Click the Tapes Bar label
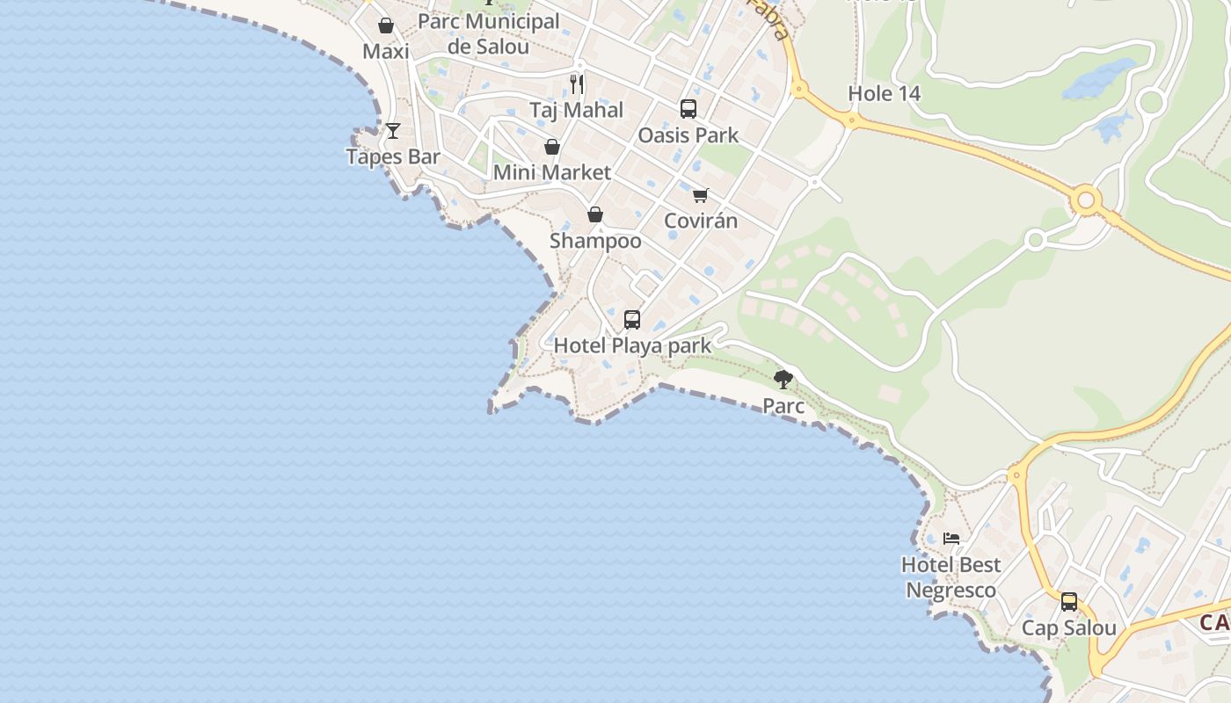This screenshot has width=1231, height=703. coord(392,157)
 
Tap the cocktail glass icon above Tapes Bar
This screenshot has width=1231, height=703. coord(393,131)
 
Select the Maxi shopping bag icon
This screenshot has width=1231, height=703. coord(385,25)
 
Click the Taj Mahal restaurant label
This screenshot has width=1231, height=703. coord(576,111)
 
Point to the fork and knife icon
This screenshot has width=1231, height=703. coord(576,83)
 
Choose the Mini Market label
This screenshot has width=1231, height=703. coord(551,172)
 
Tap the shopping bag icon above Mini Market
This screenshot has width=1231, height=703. coord(552,146)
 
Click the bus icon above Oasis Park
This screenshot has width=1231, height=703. coord(688,109)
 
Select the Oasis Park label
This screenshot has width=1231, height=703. coord(688,135)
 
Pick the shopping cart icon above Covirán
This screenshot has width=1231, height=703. coord(700,195)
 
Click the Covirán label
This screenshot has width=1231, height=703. coord(701,221)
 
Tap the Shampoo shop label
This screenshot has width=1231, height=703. coord(595,241)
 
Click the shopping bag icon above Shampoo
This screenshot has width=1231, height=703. coord(595,214)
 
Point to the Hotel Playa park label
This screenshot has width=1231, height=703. coord(632,345)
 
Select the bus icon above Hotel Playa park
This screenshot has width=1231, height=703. coord(632,320)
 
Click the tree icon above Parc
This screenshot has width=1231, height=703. coord(783,380)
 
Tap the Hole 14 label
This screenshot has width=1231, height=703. coord(884,94)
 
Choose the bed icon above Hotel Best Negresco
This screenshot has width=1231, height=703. coord(951,538)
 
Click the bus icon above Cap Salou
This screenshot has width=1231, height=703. coord(1069,602)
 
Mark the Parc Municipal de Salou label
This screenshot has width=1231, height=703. coord(489,34)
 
